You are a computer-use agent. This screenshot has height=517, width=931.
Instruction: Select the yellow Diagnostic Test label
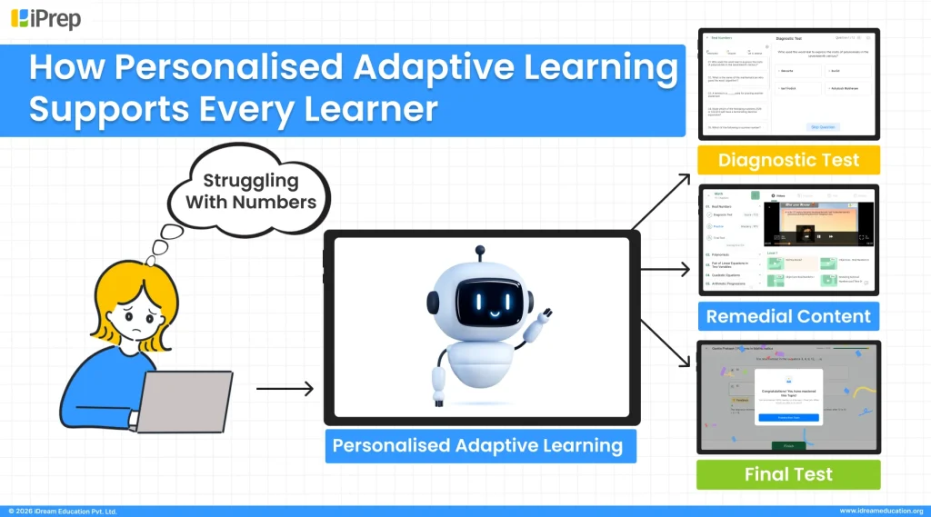(788, 160)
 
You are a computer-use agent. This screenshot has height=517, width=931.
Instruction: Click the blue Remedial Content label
(788, 316)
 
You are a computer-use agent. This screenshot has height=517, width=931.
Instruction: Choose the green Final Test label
(788, 474)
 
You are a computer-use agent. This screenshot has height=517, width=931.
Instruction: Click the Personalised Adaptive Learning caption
(477, 446)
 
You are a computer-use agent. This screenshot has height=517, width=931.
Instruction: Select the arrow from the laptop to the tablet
(285, 389)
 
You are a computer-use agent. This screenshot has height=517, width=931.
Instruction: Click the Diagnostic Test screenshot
(788, 84)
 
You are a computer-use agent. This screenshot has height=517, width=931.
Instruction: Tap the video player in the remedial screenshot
(817, 224)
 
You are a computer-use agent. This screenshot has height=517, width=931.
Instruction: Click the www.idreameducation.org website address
(880, 511)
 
